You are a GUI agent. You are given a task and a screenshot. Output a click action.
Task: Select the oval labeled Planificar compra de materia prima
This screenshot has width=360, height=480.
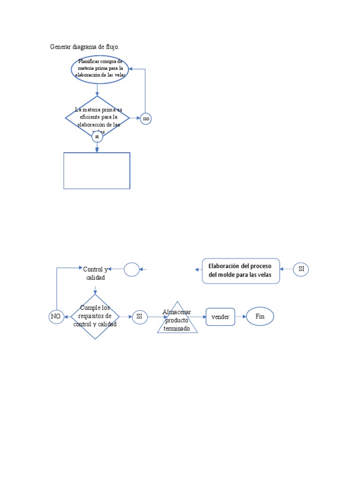(100, 69)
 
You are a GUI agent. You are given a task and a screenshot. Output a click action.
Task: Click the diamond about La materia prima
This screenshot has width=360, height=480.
(97, 118)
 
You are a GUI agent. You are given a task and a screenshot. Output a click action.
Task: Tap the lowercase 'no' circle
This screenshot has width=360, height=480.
(146, 119)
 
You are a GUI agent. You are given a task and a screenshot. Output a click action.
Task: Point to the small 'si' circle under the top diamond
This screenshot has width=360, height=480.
(97, 136)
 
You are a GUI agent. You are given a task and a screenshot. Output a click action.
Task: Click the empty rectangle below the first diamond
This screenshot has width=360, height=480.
(97, 171)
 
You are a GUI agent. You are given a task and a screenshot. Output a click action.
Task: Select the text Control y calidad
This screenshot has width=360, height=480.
(95, 273)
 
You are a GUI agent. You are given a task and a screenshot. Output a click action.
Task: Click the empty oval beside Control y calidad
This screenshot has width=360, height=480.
(132, 269)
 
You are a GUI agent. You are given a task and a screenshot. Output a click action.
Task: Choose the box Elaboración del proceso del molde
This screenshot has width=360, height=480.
(241, 271)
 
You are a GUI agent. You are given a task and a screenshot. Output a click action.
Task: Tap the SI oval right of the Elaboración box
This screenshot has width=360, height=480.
(301, 269)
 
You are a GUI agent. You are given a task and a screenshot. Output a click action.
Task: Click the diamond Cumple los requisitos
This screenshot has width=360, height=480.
(95, 316)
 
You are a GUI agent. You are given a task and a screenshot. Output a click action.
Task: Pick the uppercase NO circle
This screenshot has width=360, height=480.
(56, 317)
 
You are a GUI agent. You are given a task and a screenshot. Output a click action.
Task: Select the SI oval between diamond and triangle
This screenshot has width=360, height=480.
(139, 317)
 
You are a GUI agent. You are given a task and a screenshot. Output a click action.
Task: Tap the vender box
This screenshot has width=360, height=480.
(220, 317)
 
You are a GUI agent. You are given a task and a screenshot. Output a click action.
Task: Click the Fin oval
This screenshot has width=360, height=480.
(260, 316)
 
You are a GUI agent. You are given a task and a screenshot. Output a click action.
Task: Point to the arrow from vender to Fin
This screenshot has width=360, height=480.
(240, 316)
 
